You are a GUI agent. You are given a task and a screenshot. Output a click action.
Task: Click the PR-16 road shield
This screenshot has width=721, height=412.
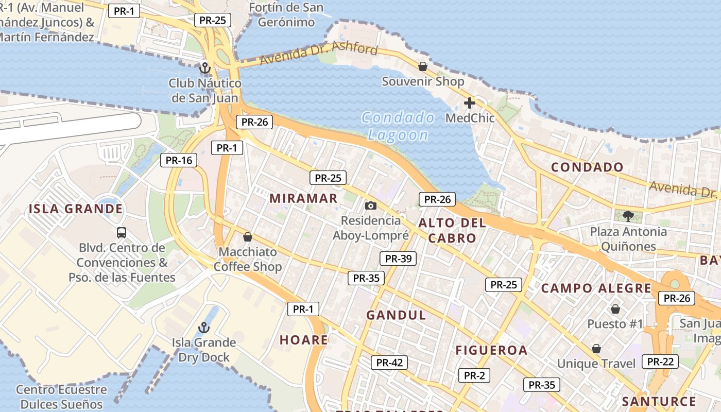(x=179, y=160)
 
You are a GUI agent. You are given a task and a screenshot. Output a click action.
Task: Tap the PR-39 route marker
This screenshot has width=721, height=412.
(x=398, y=259)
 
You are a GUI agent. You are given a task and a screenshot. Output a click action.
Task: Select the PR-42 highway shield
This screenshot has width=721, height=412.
(x=389, y=363)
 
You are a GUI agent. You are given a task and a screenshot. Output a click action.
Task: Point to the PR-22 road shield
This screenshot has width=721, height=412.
(x=660, y=362)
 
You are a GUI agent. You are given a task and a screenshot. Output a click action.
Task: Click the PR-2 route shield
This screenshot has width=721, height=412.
(x=474, y=375)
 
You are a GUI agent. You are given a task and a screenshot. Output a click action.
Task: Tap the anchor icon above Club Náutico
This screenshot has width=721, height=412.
(x=205, y=68)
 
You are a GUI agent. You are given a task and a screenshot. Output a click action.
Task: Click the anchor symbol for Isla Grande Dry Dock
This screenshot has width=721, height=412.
(x=204, y=328)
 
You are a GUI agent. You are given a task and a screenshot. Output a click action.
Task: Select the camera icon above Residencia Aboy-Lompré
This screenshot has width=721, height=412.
(x=370, y=206)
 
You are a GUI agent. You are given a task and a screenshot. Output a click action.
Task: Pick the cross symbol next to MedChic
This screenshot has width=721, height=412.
(x=469, y=103)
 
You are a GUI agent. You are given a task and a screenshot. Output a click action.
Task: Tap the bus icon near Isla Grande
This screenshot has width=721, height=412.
(x=122, y=232)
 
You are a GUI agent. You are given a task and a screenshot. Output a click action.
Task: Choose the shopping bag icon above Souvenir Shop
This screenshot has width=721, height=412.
(x=422, y=66)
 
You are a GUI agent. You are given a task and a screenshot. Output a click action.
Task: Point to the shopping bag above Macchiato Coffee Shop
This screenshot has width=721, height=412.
(x=248, y=237)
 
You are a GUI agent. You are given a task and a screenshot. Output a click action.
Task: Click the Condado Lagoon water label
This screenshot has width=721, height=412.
(x=398, y=126)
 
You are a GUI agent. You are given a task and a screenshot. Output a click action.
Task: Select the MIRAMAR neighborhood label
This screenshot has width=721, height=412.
(x=303, y=198)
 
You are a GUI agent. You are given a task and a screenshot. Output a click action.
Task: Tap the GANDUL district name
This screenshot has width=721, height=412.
(x=396, y=315)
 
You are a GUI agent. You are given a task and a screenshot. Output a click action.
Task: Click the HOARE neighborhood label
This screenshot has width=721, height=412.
(x=304, y=340)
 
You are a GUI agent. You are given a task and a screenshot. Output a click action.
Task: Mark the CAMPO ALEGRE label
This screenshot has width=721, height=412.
(x=596, y=288)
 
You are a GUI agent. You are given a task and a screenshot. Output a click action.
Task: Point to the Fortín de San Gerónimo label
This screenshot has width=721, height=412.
(x=286, y=15)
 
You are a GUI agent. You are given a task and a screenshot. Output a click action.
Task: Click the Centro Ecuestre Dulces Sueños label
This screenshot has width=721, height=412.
(x=61, y=397)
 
